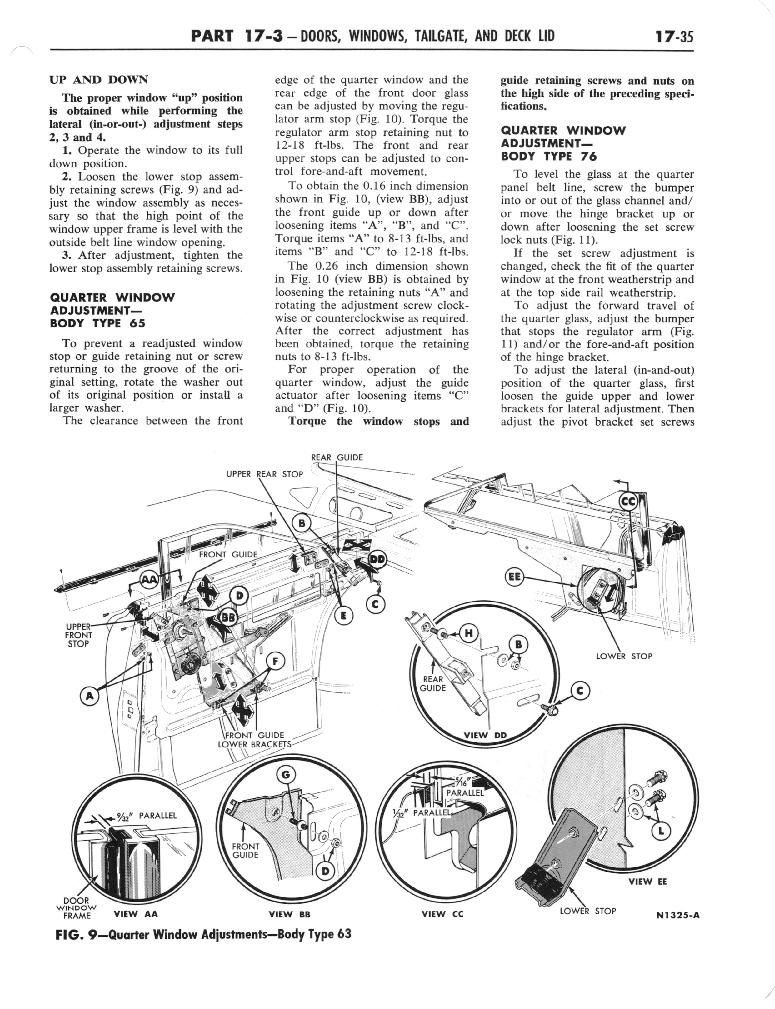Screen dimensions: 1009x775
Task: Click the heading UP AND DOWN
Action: (x=99, y=80)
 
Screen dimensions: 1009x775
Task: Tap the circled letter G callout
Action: (x=286, y=775)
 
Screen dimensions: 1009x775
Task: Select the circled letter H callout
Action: (x=469, y=633)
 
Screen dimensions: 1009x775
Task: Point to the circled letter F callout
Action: (x=275, y=662)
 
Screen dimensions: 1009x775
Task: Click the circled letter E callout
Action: (x=344, y=616)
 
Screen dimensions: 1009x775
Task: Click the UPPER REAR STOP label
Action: (x=264, y=474)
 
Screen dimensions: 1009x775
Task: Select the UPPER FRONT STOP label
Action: (x=78, y=635)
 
